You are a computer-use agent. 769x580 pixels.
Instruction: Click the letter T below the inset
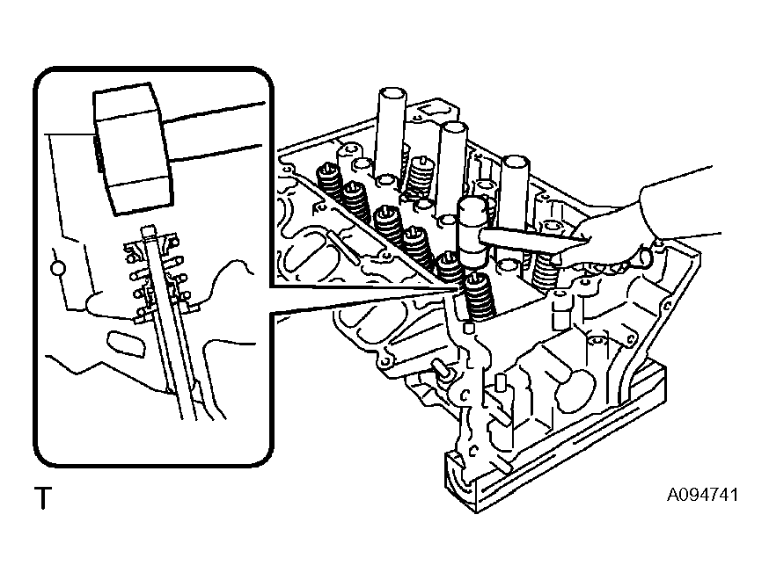click(x=43, y=498)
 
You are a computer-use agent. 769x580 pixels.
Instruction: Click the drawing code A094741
click(x=702, y=495)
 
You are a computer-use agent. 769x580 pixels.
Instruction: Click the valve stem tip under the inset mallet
click(x=148, y=230)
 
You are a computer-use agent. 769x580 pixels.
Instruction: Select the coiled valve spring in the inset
click(x=156, y=277)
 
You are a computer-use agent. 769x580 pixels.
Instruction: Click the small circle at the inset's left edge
click(x=58, y=268)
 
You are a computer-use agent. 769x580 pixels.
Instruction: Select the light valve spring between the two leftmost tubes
click(x=420, y=177)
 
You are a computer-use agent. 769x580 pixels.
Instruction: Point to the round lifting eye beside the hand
click(x=647, y=255)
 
